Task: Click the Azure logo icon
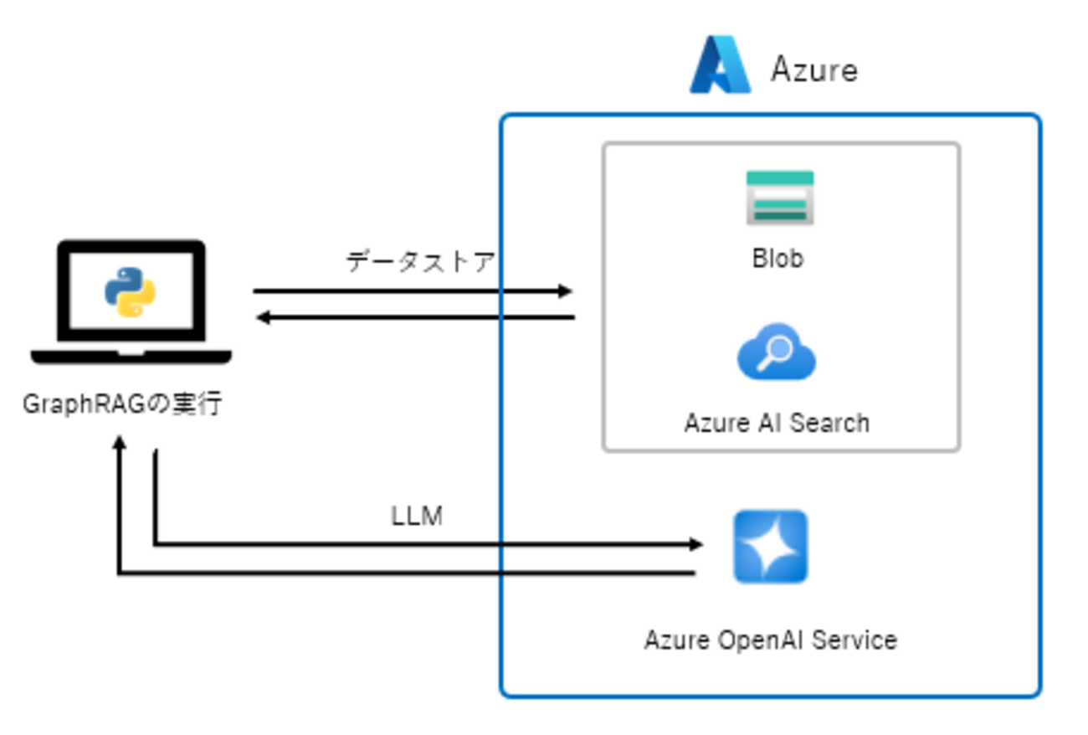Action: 719,64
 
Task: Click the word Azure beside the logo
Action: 813,69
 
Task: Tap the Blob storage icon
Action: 780,198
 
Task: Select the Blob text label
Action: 778,259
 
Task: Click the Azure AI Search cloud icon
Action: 777,352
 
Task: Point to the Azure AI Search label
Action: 777,423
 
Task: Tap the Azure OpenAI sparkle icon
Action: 771,547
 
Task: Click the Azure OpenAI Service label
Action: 770,640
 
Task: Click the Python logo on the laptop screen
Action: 130,291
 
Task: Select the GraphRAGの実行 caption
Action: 122,404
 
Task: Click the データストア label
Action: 420,262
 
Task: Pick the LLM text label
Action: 417,517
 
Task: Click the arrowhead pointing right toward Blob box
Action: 567,291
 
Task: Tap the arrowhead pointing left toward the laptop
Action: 262,317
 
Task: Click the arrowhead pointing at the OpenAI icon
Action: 695,545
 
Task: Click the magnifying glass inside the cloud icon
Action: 773,352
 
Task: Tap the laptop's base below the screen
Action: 131,357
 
